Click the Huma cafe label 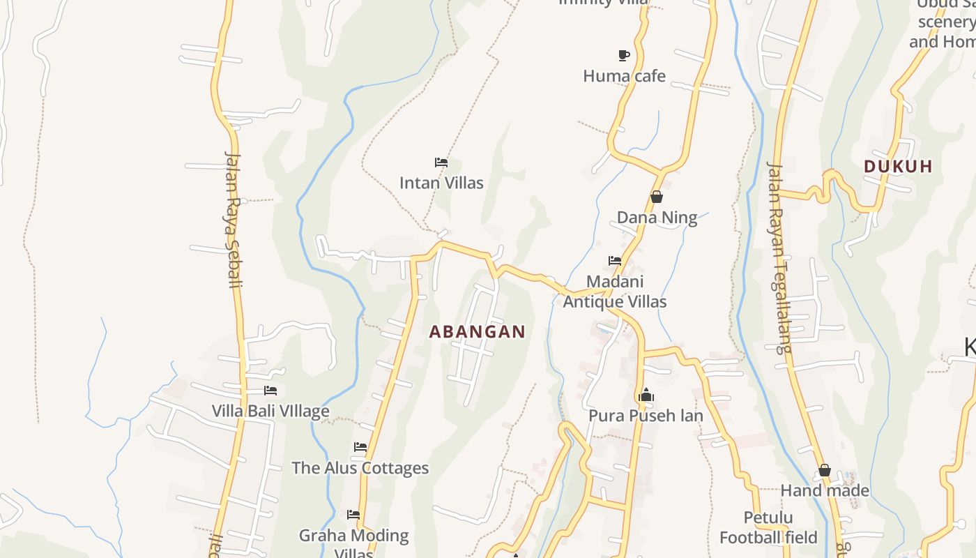pyautogui.click(x=624, y=75)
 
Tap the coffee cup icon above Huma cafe pyautogui.click(x=624, y=55)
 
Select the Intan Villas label pyautogui.click(x=441, y=183)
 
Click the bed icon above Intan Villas pyautogui.click(x=441, y=163)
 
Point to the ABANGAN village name pyautogui.click(x=477, y=332)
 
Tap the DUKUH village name pyautogui.click(x=898, y=167)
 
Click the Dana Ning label pyautogui.click(x=657, y=218)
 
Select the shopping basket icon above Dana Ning pyautogui.click(x=656, y=197)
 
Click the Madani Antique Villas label pyautogui.click(x=615, y=292)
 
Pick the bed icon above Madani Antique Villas pyautogui.click(x=614, y=261)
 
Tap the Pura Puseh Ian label pyautogui.click(x=646, y=416)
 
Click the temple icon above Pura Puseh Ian pyautogui.click(x=646, y=395)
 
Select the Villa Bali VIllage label pyautogui.click(x=270, y=411)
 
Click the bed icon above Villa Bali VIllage pyautogui.click(x=270, y=391)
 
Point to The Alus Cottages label pyautogui.click(x=360, y=467)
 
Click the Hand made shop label pyautogui.click(x=825, y=490)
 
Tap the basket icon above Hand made pyautogui.click(x=824, y=470)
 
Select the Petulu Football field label pyautogui.click(x=768, y=527)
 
